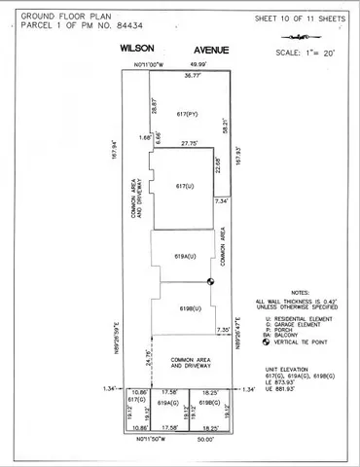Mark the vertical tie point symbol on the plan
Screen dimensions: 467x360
click(210, 282)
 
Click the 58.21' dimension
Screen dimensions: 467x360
click(224, 126)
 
